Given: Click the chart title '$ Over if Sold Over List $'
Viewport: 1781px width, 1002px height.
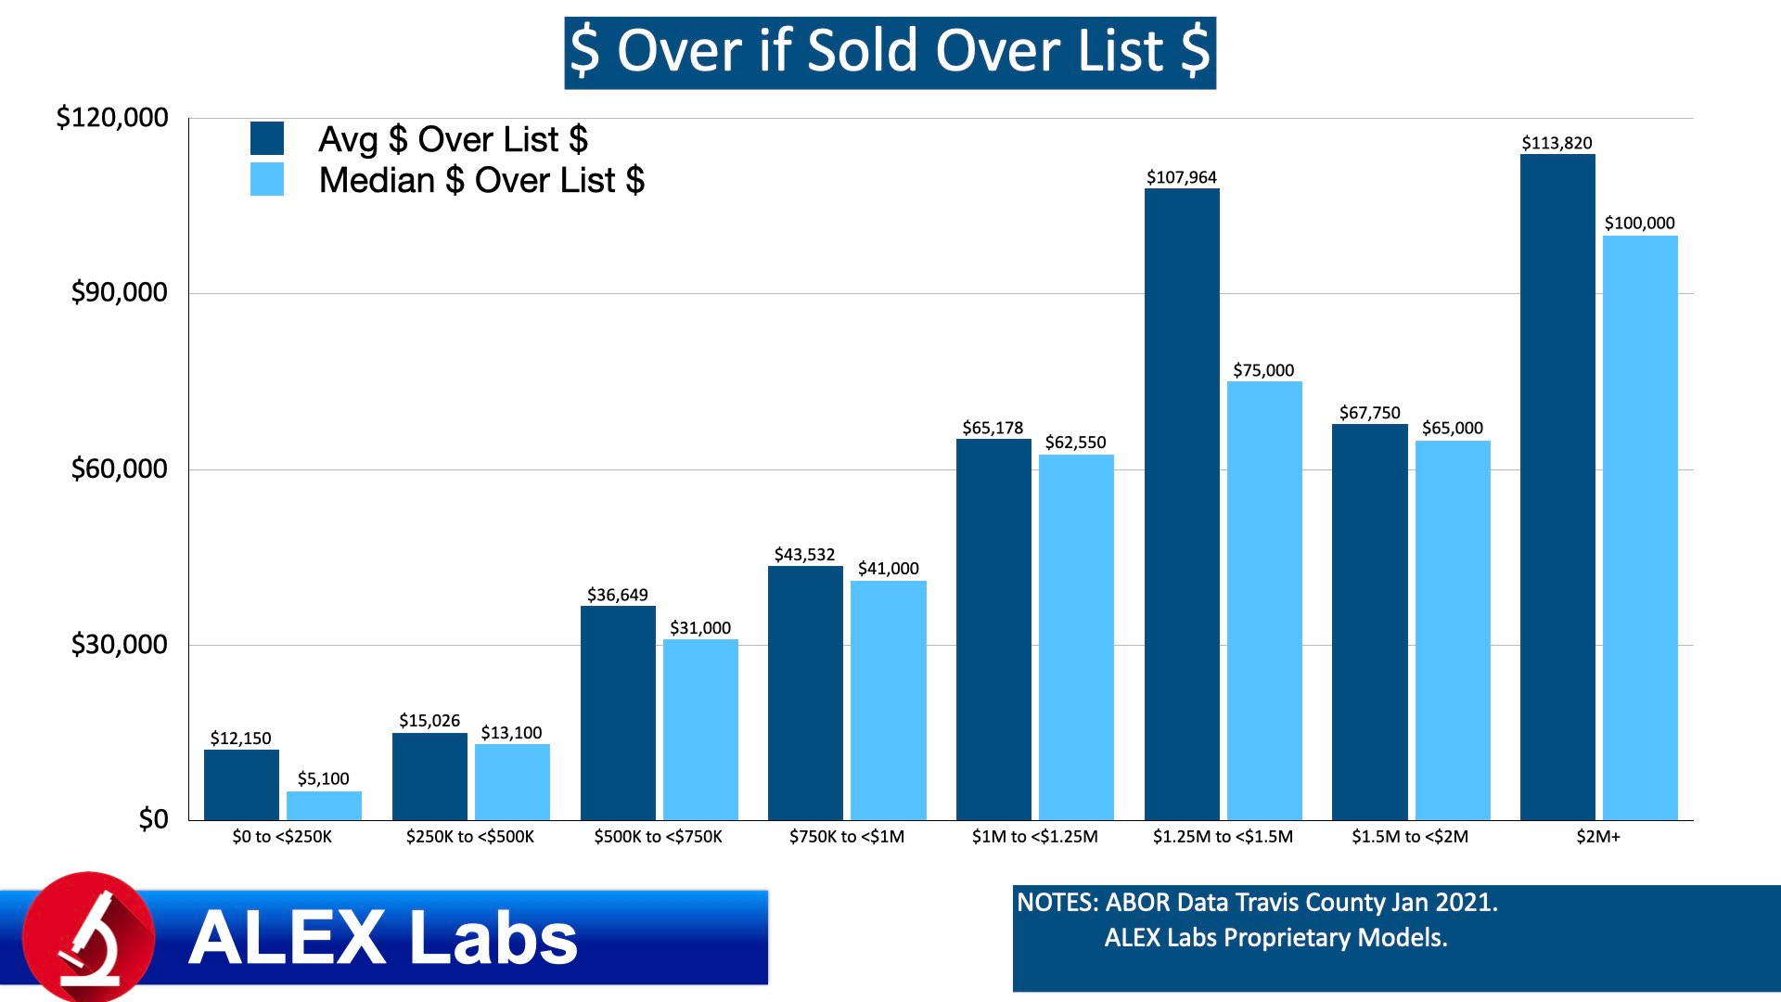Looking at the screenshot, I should pos(890,52).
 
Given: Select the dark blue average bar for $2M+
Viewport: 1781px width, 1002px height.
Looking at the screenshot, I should pos(1557,487).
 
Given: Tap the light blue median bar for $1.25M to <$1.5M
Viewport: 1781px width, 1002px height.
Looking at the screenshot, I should pos(1264,600).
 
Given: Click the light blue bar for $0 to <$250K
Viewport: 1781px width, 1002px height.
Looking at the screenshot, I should pos(324,805).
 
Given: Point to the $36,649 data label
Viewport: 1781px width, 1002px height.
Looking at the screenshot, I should pos(617,595).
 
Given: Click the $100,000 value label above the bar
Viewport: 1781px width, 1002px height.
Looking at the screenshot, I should pos(1639,223).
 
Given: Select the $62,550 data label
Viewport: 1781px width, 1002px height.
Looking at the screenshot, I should pos(1075,443).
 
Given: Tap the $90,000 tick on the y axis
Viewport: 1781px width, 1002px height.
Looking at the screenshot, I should pos(119,292).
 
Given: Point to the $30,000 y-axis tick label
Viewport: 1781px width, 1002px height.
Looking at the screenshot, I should pos(119,644).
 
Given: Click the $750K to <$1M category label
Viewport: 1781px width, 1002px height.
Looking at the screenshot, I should pos(846,837).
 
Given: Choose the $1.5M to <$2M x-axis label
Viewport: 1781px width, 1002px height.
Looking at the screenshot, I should pos(1410,837).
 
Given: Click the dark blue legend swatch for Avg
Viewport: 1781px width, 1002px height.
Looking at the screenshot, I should pos(267,138).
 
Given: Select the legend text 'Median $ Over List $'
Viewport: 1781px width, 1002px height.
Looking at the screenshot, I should pos(481,180).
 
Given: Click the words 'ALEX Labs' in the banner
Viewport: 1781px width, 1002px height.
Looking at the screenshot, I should pos(383,938).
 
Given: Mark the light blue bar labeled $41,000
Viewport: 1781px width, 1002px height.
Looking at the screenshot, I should pos(888,700).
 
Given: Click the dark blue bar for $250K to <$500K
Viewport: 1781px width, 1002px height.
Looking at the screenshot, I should pos(429,777).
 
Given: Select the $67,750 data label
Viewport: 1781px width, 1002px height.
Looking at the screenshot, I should pos(1369,413).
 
